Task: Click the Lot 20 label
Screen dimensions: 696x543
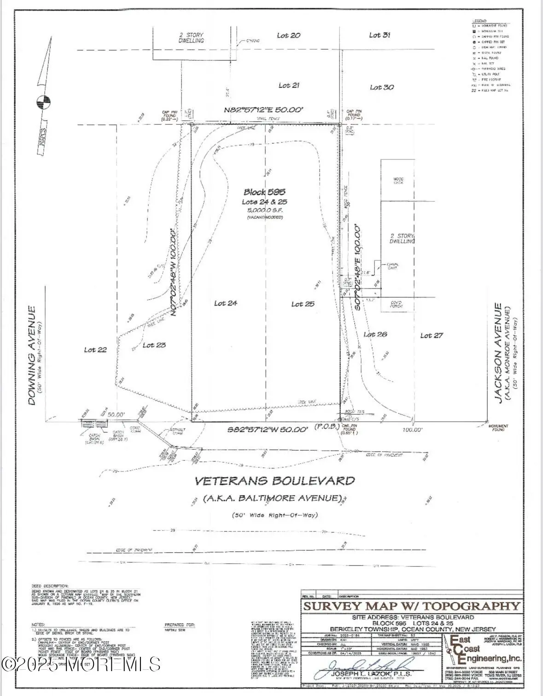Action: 289,35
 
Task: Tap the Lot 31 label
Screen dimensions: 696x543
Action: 380,35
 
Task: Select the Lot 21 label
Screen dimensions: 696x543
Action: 289,85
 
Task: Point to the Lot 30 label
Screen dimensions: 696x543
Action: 382,87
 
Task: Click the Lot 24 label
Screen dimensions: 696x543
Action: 226,303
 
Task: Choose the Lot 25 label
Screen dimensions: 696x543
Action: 303,304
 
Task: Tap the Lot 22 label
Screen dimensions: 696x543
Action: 95,350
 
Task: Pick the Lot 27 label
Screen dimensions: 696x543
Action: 432,336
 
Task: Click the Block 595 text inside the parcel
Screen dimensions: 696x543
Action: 264,192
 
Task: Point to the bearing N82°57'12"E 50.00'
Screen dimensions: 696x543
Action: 264,110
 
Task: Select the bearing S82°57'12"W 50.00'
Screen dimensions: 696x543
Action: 268,430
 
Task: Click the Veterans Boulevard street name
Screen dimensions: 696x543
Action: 274,481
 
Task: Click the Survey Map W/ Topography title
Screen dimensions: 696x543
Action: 411,606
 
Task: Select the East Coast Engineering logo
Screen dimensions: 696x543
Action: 481,649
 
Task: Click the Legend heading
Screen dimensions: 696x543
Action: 479,22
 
